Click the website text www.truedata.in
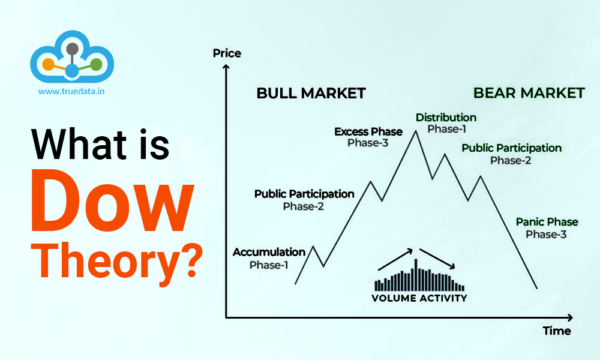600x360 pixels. tap(72, 92)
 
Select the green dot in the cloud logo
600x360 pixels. tap(97, 64)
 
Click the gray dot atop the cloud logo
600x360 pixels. tap(73, 49)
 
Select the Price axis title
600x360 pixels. tap(227, 53)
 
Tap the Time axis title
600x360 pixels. tap(556, 331)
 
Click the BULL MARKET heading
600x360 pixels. tap(311, 93)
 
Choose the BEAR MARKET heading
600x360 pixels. tap(529, 93)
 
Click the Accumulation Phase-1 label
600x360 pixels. tap(269, 258)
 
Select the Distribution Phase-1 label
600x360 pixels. tap(446, 122)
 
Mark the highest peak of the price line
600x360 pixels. tap(415, 130)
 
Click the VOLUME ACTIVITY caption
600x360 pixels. tap(419, 298)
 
